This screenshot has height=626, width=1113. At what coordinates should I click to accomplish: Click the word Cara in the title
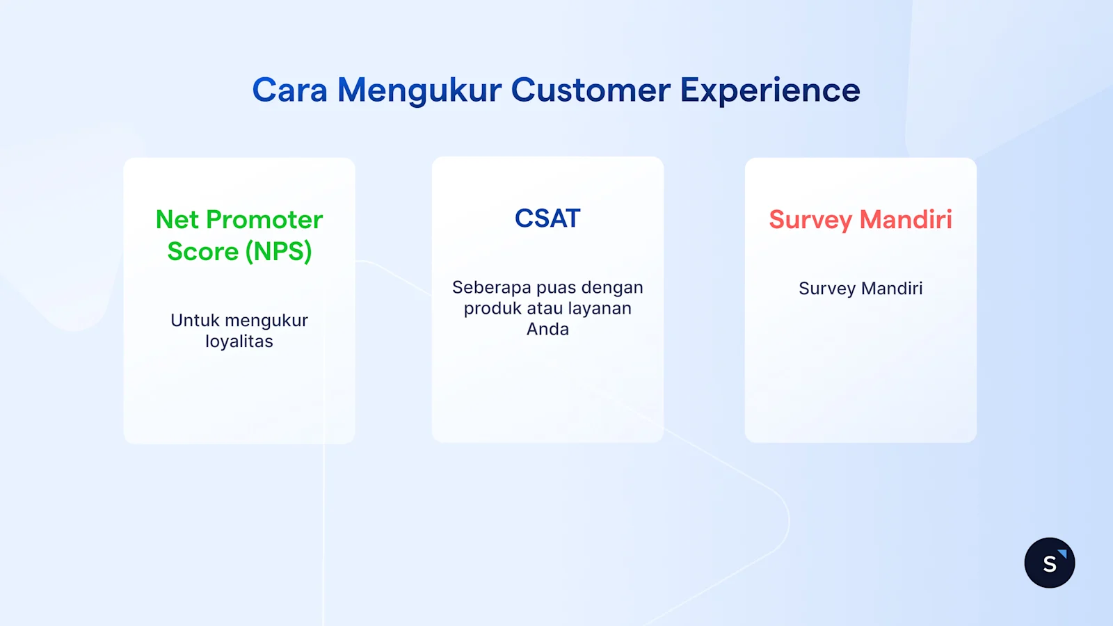(289, 90)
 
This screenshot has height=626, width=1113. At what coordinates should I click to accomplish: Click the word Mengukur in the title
(419, 90)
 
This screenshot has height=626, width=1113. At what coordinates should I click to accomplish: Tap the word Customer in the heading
(591, 90)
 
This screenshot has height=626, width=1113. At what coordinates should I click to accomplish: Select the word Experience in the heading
(770, 90)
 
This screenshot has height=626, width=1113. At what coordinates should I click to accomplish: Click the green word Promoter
(264, 220)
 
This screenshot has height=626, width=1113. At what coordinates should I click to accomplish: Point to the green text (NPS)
(278, 251)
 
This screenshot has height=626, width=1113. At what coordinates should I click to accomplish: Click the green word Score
(202, 251)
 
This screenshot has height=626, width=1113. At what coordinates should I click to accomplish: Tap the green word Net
(177, 220)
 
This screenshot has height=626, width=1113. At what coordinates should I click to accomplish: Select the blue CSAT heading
(547, 218)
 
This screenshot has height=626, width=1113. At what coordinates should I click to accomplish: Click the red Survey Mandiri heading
(860, 220)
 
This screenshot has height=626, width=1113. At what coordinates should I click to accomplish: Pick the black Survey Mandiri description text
(860, 288)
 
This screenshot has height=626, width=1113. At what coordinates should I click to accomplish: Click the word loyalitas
(239, 342)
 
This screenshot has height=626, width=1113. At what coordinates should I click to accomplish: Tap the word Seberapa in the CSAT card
(492, 287)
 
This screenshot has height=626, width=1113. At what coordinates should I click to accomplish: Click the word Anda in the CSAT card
(547, 329)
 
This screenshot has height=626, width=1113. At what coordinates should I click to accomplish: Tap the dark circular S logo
(1049, 563)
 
